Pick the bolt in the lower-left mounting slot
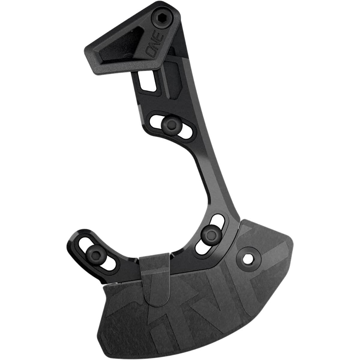pos(96,253)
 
